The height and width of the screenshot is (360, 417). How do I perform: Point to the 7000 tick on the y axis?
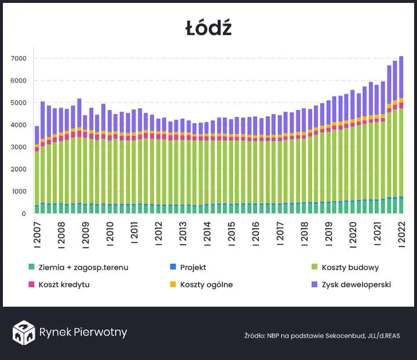[19, 59]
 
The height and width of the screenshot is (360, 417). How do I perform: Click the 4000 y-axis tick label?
[19, 125]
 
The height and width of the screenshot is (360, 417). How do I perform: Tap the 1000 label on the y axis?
[19, 191]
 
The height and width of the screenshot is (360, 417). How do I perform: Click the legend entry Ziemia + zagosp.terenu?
[83, 267]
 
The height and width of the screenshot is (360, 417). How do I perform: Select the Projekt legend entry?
[193, 267]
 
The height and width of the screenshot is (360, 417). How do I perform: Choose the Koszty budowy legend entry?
[353, 267]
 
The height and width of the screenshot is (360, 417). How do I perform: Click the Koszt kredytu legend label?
[64, 285]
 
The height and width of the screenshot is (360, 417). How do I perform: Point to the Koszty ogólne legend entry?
[206, 285]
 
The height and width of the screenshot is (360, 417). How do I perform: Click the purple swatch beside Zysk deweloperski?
[314, 285]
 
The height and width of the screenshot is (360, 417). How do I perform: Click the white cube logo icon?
[24, 332]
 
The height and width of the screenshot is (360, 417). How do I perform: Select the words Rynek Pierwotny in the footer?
[83, 332]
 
